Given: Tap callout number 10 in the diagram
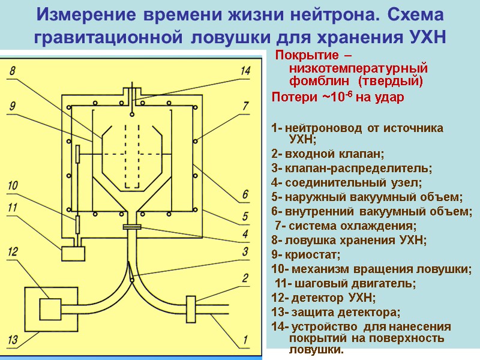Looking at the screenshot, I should [x=13, y=186].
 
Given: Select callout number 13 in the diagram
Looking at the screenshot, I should [x=13, y=340].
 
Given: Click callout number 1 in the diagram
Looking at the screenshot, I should [x=245, y=340].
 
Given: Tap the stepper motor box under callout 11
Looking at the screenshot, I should [x=74, y=253].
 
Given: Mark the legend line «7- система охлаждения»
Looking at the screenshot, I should [x=344, y=226].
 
